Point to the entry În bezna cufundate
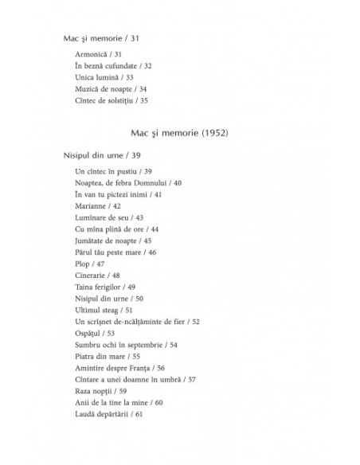pos(112,66)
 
